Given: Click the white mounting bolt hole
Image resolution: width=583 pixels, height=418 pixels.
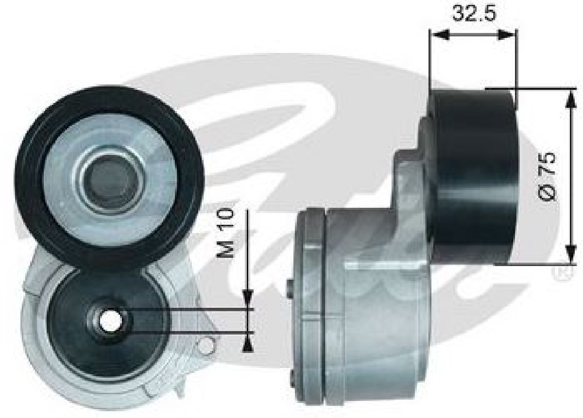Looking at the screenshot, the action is pyautogui.click(x=111, y=321).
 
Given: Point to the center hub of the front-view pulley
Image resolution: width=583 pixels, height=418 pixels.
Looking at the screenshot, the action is pyautogui.click(x=112, y=180).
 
